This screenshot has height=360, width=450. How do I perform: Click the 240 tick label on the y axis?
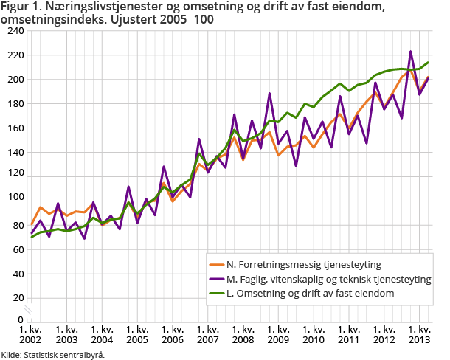[x=14, y=31]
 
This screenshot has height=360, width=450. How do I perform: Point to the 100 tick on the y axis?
[x=14, y=198]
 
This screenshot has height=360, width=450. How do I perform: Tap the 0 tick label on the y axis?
[x=19, y=319]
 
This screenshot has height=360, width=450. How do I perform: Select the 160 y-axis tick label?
[x=14, y=128]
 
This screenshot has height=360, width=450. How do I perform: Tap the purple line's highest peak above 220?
[x=411, y=52]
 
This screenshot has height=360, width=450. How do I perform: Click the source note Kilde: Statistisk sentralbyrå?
[x=52, y=354]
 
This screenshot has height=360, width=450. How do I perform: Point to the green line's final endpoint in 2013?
[x=429, y=63]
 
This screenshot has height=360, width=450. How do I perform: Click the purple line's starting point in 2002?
[x=32, y=233]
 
